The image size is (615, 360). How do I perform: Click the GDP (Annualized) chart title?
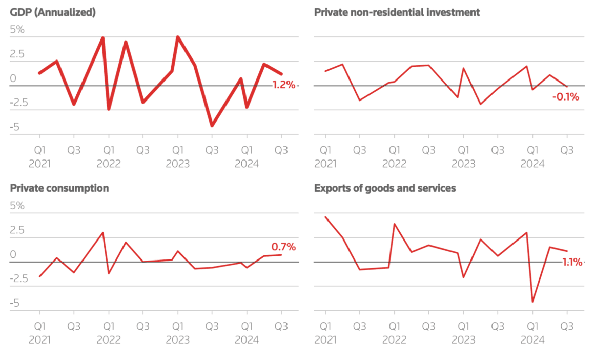(53, 13)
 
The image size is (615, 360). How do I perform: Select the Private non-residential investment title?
(397, 13)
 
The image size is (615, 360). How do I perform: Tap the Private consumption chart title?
(59, 188)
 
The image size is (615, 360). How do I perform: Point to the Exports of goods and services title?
(384, 188)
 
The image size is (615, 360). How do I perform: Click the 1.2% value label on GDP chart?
(283, 85)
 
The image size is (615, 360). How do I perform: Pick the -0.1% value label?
(565, 96)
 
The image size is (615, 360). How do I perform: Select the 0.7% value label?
(283, 247)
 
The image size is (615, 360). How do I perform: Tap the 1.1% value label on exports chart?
(572, 262)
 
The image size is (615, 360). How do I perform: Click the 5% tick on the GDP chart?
(17, 30)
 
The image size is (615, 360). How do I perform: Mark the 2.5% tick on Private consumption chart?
(17, 230)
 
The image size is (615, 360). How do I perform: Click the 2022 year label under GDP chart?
(109, 164)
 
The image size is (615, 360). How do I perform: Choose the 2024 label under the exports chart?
(532, 339)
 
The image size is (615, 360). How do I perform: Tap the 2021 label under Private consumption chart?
(39, 339)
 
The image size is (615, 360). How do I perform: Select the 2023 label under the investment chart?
(463, 164)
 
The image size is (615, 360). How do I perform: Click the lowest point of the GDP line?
(212, 125)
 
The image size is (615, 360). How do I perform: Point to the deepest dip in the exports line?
(532, 302)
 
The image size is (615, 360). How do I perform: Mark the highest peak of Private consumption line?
(103, 233)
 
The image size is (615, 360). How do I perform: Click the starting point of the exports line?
(325, 217)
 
